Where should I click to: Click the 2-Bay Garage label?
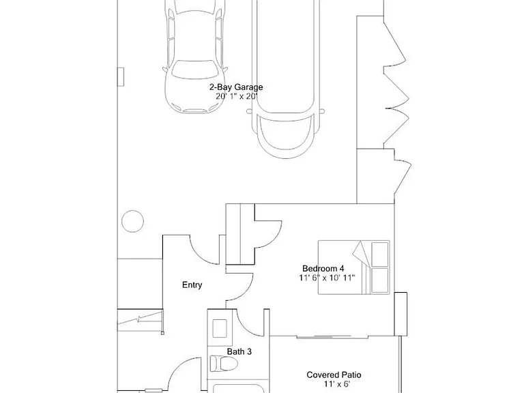[x=236, y=87]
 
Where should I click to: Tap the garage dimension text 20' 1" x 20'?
[x=236, y=97]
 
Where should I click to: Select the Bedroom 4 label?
[x=323, y=268]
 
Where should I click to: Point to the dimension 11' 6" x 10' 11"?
[x=327, y=278]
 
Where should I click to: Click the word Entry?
[x=192, y=285]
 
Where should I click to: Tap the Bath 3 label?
[x=239, y=351]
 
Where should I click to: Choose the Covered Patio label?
[x=334, y=375]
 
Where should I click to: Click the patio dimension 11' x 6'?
[x=337, y=384]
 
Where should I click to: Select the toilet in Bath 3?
[x=224, y=364]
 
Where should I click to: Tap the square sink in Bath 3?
[x=220, y=328]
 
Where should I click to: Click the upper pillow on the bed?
[x=380, y=254]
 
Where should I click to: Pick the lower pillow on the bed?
[x=380, y=280]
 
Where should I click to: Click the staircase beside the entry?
[x=141, y=321]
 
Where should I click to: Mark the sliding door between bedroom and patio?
[x=323, y=337]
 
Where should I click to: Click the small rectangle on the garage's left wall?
[x=121, y=77]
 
